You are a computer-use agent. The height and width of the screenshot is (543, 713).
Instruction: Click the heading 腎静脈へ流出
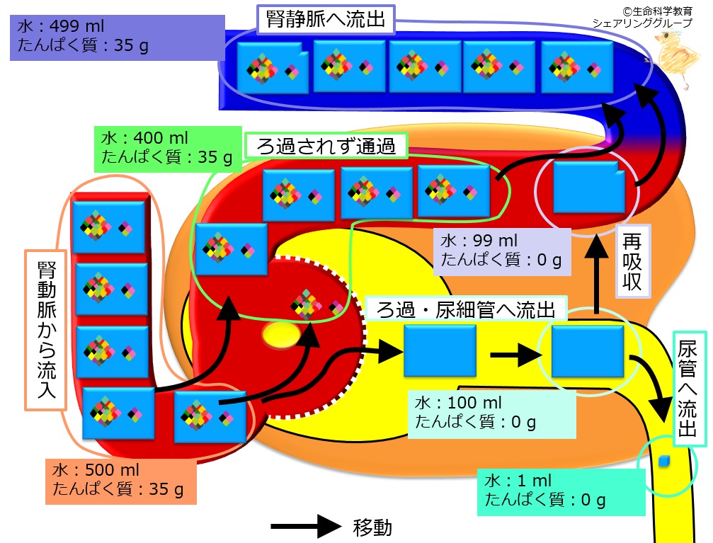(x=326, y=20)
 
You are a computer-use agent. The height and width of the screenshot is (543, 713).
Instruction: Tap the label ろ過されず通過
(x=326, y=146)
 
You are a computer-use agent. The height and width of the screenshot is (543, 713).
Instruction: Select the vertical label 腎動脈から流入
(x=46, y=330)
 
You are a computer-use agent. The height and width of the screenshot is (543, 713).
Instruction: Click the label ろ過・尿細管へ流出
(x=466, y=309)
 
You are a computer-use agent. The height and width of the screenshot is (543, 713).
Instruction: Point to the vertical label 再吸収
(x=632, y=261)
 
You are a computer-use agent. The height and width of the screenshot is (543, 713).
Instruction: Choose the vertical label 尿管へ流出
(x=689, y=389)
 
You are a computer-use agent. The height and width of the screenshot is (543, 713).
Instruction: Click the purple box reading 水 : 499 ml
(x=118, y=38)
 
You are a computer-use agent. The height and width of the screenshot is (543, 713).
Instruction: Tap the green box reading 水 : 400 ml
(x=167, y=149)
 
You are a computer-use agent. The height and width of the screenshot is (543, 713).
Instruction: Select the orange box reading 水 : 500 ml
(x=121, y=481)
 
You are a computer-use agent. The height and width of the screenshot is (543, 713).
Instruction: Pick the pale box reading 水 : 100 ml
(x=492, y=414)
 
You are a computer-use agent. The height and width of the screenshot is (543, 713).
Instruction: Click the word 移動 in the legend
(x=372, y=527)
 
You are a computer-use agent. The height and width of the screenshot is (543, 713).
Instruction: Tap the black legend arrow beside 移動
(x=306, y=527)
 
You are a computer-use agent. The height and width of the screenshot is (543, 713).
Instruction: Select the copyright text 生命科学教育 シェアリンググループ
(x=642, y=17)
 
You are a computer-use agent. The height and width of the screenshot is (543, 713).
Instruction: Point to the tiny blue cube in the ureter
(x=664, y=461)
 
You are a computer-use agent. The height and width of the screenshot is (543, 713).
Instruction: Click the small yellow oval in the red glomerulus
(x=281, y=336)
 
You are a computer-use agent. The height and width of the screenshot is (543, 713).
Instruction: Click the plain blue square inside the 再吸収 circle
(x=589, y=187)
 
